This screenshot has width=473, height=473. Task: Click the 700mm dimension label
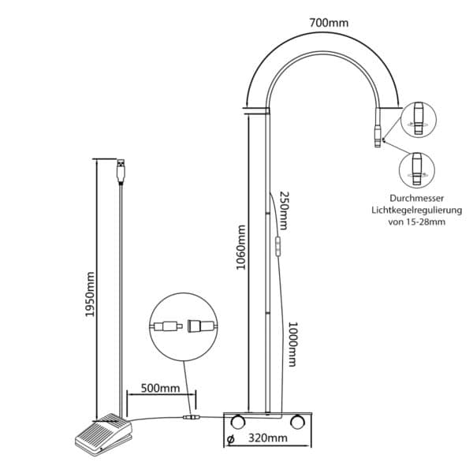(329, 23)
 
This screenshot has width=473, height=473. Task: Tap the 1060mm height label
(240, 248)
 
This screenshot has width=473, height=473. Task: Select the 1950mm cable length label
(90, 294)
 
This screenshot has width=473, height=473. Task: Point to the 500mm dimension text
(161, 388)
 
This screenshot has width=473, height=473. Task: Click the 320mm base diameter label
(268, 438)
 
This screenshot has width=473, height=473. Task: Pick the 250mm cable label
(284, 210)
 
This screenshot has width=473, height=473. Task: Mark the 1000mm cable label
(292, 345)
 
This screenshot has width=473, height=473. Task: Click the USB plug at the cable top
(121, 171)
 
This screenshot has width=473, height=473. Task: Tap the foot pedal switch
(103, 434)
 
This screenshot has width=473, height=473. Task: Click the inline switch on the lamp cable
(277, 247)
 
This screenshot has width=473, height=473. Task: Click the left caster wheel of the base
(237, 422)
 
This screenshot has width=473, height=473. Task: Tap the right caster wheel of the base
(297, 422)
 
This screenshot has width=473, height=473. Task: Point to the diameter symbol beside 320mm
(230, 439)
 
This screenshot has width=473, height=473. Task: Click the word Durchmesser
(416, 198)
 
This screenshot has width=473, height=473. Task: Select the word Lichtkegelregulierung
(416, 210)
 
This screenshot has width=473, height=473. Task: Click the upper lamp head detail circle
(418, 120)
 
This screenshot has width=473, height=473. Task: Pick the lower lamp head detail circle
(417, 170)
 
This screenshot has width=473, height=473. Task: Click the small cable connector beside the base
(192, 418)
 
